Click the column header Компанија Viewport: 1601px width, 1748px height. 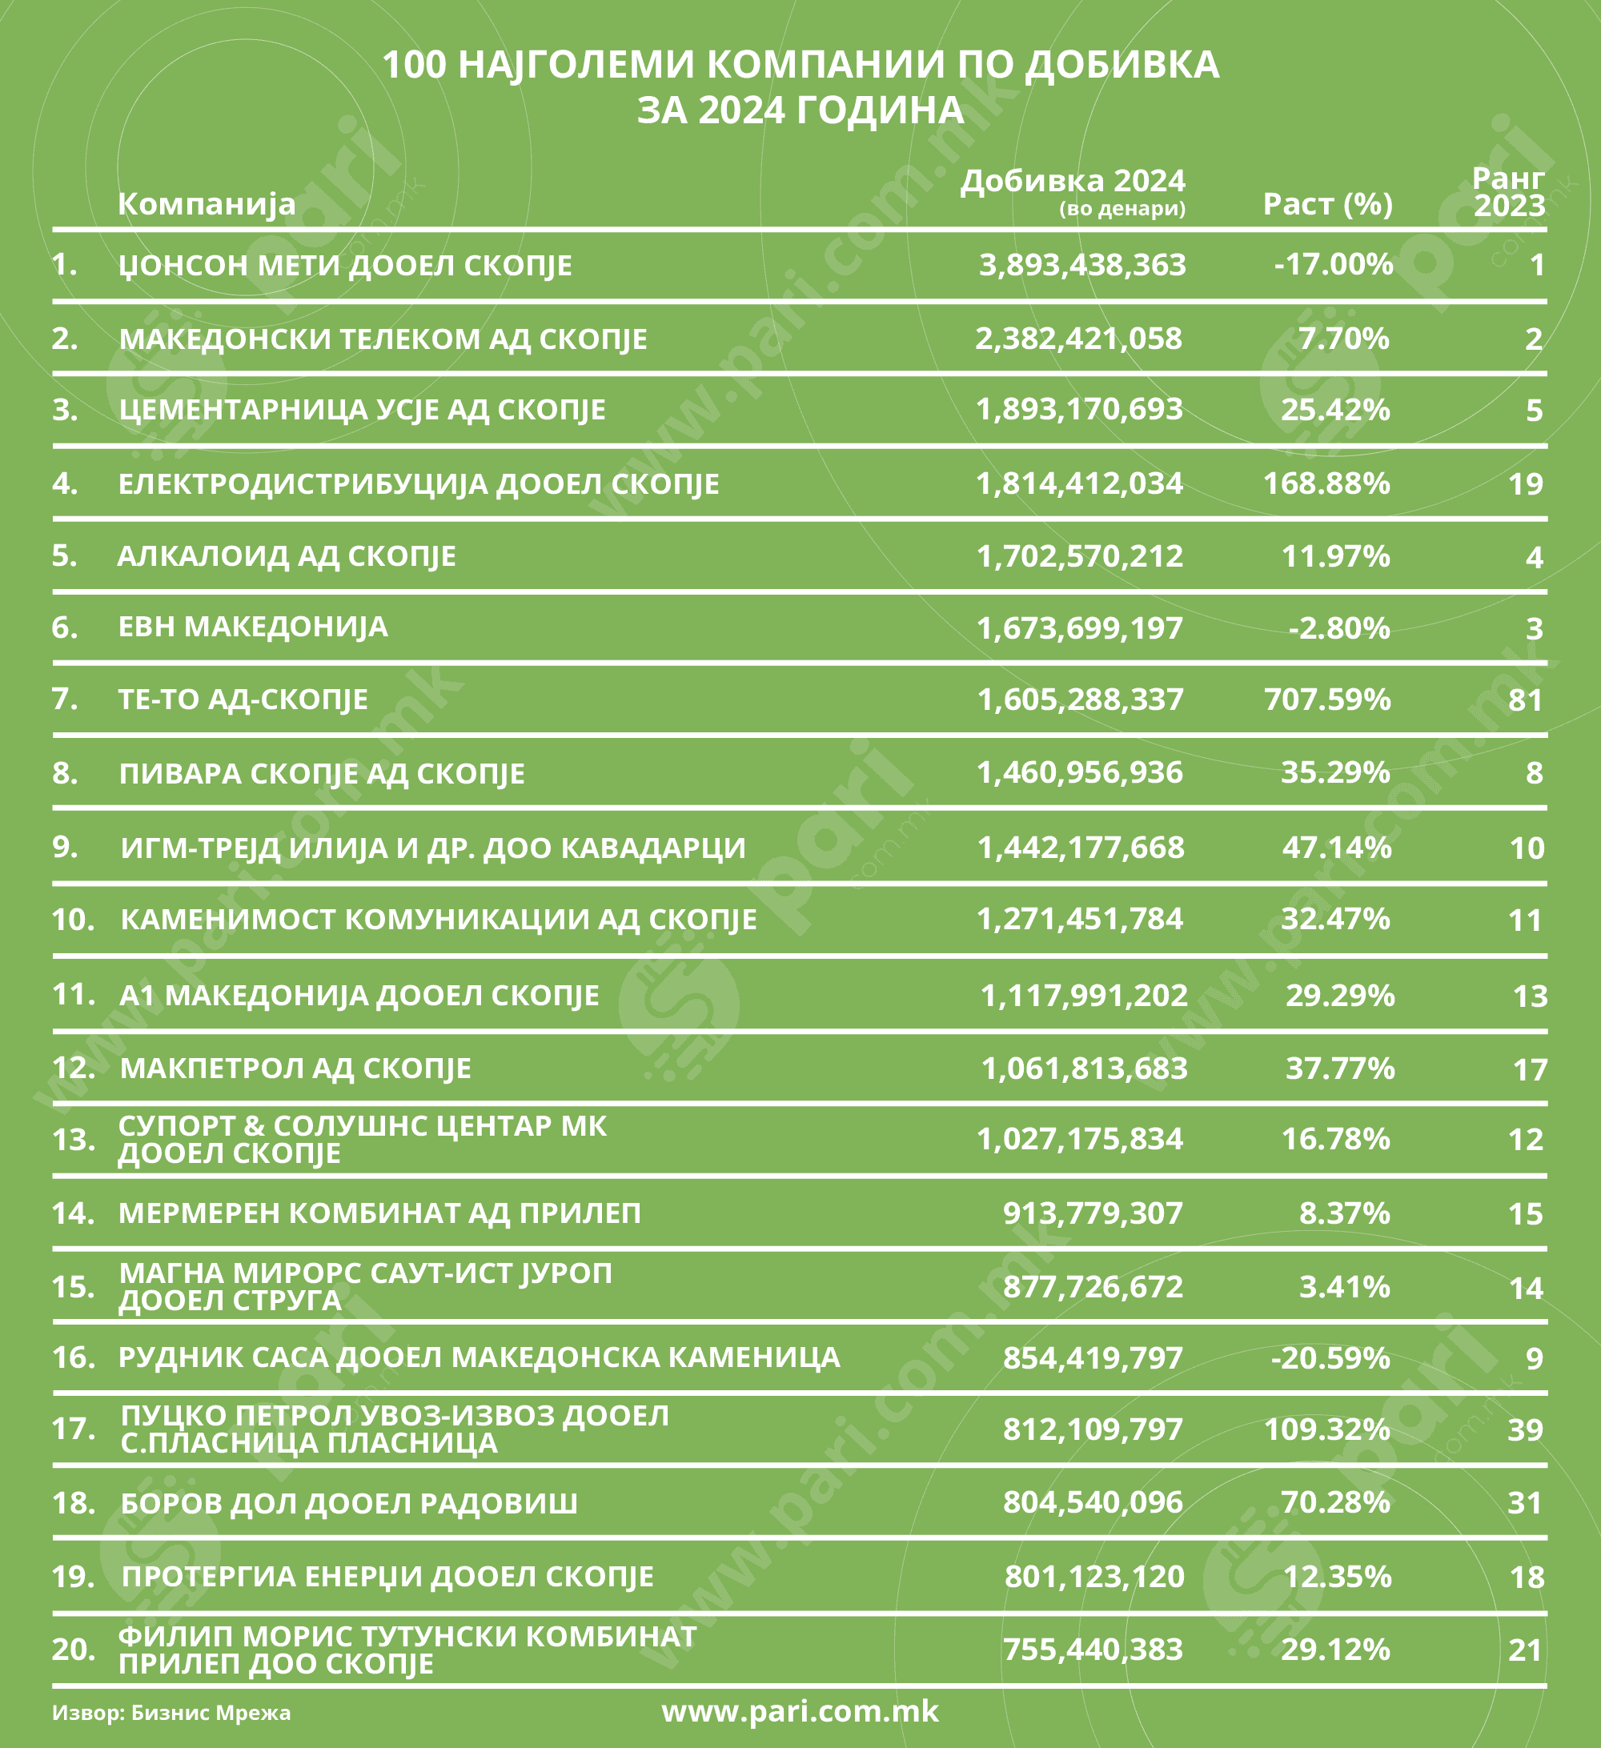207,204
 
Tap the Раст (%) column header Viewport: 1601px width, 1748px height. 1327,204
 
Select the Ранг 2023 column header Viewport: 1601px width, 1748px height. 1508,191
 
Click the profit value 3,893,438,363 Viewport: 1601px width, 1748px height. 1081,264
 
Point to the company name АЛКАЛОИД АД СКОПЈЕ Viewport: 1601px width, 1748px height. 287,555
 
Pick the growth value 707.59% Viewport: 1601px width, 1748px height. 1327,699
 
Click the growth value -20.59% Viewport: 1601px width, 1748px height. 1330,1357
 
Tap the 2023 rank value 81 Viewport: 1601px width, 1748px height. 1526,700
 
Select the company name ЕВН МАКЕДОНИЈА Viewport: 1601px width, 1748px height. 253,627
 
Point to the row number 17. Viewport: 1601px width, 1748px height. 73,1428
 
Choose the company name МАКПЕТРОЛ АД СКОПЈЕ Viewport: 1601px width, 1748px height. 295,1068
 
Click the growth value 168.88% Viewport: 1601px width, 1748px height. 1326,483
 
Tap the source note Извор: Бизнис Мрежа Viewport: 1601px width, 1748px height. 171,1714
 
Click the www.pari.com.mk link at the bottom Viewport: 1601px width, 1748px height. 800,1711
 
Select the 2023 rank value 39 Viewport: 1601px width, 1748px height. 1526,1429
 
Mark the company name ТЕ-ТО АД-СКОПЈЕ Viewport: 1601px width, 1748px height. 243,699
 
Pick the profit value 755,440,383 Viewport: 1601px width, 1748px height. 1092,1649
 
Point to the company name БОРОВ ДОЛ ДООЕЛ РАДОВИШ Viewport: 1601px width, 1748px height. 349,1502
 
